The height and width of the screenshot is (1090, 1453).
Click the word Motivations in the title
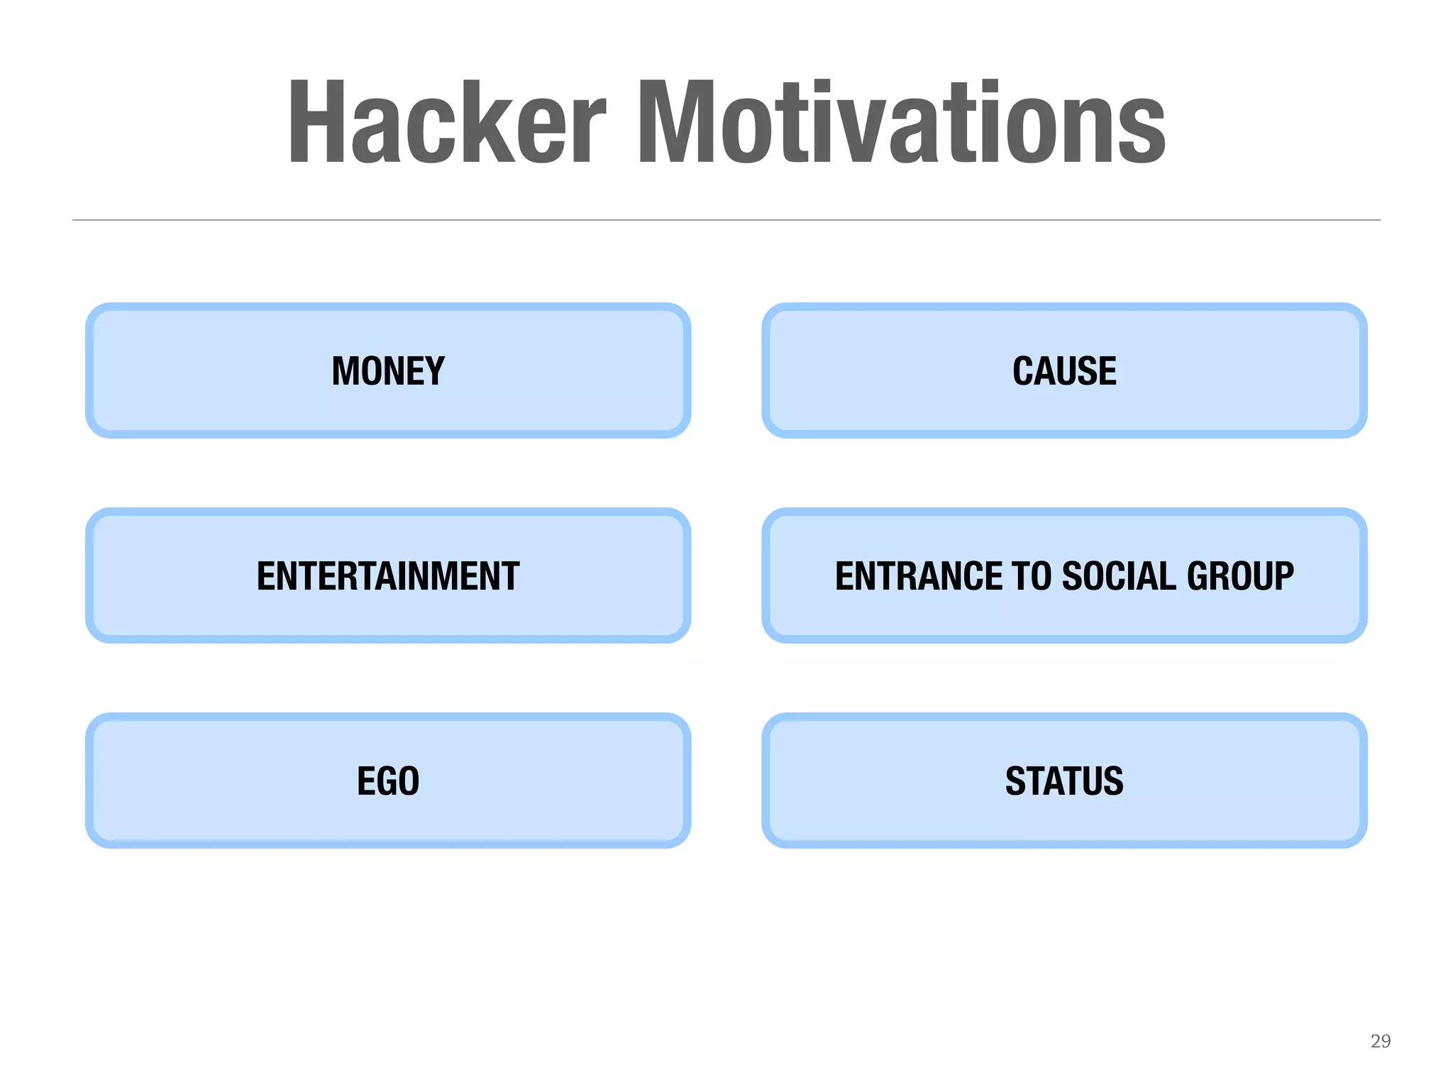tap(901, 122)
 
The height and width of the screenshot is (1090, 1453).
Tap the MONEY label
tap(388, 371)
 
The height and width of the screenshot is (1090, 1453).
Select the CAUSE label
tap(1064, 371)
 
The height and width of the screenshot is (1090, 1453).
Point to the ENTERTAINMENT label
tap(388, 576)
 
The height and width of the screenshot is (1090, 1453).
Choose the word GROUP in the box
tap(1240, 576)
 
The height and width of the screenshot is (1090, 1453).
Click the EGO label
tap(388, 781)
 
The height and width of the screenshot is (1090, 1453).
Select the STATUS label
tap(1064, 781)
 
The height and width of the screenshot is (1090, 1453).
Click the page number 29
tap(1380, 1041)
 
